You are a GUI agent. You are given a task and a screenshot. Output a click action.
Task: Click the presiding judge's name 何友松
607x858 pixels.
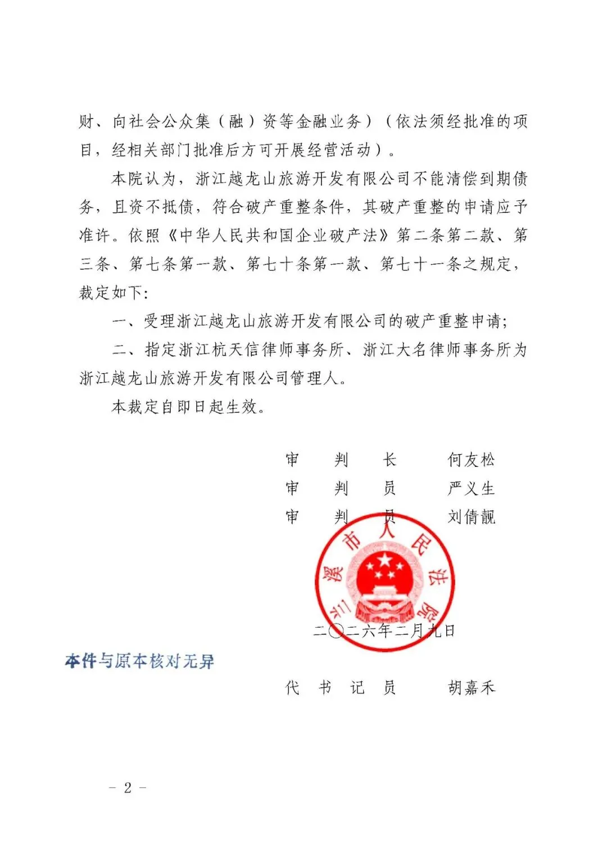(x=471, y=460)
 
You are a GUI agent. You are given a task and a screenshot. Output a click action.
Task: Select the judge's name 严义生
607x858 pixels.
(x=471, y=488)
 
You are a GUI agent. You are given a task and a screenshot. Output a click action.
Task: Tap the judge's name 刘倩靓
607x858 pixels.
(x=471, y=517)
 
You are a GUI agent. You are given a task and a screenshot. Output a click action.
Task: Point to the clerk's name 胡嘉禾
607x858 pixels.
(x=471, y=687)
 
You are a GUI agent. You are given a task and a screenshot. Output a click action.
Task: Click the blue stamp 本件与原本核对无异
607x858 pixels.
(x=139, y=661)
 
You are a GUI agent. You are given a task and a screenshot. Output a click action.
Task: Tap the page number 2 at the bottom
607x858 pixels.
(x=128, y=788)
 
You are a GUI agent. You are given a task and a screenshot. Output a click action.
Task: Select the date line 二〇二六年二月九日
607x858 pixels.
(x=384, y=631)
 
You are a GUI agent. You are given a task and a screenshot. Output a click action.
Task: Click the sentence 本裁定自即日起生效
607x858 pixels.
(x=188, y=406)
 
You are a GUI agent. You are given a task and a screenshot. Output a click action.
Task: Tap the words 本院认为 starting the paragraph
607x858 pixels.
(x=144, y=179)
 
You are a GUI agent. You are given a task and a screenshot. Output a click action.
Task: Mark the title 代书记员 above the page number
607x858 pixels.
(x=341, y=687)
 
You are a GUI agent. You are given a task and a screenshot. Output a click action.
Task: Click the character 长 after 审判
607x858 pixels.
(x=389, y=460)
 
